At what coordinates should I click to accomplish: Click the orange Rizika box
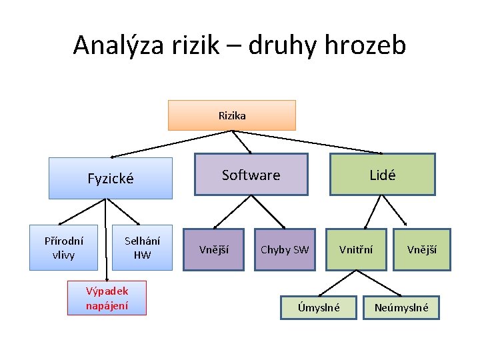[x=231, y=115]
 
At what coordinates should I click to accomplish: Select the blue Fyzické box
[x=111, y=178]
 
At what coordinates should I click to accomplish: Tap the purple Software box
[x=251, y=175]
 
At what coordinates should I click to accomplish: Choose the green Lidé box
[x=382, y=175]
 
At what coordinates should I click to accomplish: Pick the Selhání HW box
[x=142, y=249]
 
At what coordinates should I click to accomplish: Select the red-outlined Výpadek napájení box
[x=107, y=298]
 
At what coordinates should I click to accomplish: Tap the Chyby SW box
[x=285, y=249]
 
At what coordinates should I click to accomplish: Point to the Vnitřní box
[x=356, y=249]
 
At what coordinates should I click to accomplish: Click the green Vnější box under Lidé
[x=422, y=249]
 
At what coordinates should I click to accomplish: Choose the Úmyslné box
[x=319, y=307]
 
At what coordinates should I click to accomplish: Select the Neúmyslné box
[x=401, y=307]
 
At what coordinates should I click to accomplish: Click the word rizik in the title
[x=197, y=45]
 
